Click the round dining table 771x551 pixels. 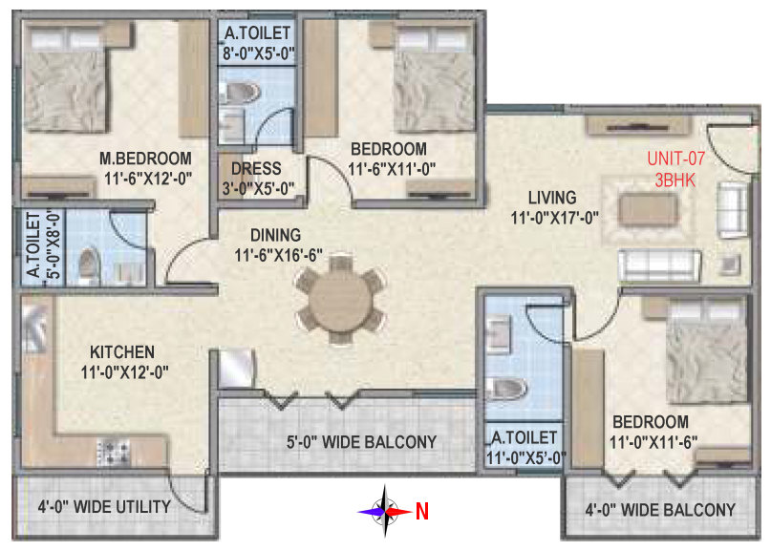click(x=341, y=300)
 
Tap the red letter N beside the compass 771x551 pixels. click(x=422, y=512)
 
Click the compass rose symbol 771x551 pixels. click(x=384, y=512)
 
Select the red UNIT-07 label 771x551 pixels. click(x=675, y=159)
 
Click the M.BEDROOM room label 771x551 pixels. click(x=145, y=159)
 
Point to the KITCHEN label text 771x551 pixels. click(x=122, y=352)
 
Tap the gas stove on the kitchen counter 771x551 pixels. click(x=114, y=452)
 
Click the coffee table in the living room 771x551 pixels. click(x=648, y=209)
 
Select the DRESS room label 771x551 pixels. click(x=256, y=169)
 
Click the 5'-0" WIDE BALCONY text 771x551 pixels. click(x=361, y=442)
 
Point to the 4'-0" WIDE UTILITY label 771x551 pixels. click(x=104, y=507)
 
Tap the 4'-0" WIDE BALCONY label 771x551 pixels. click(x=660, y=510)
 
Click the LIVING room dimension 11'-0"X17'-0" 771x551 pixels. click(x=555, y=218)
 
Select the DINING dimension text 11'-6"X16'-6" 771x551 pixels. click(x=278, y=255)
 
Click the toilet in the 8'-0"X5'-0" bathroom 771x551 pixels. click(x=240, y=93)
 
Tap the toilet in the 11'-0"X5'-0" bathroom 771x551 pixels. click(x=506, y=389)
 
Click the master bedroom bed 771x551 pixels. click(x=65, y=78)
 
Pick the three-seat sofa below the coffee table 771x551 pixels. click(x=659, y=265)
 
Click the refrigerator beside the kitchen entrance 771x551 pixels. click(x=237, y=368)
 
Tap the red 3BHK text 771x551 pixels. click(x=675, y=180)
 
